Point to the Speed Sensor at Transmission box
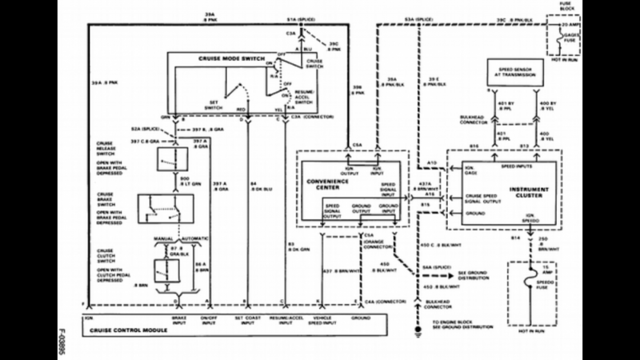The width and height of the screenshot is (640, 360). click(513, 74)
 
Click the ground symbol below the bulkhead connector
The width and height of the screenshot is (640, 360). click(417, 327)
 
